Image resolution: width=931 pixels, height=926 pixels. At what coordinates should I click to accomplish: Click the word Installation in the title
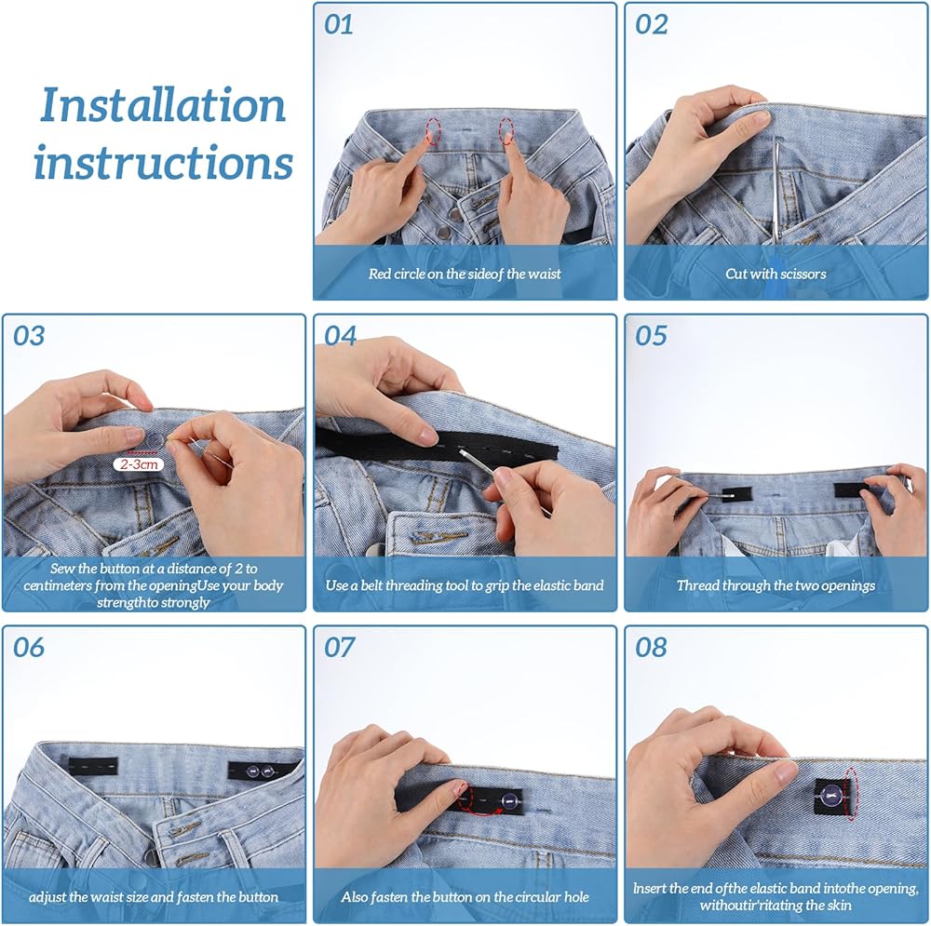163,105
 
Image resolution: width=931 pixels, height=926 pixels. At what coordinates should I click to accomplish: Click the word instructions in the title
163,161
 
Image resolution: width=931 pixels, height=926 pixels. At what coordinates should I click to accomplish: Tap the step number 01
339,24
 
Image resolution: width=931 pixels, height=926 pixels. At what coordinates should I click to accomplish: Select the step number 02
651,24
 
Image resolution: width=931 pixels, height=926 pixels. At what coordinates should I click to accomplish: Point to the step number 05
651,336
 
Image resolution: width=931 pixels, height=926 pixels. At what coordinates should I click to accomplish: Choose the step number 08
651,648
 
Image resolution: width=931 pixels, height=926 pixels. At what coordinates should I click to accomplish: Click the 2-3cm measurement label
139,464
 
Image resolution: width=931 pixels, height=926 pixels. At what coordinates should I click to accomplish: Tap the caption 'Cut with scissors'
776,274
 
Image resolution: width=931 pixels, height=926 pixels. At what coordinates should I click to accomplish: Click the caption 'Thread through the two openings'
776,586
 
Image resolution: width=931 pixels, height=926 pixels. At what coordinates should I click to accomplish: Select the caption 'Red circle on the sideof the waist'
465,274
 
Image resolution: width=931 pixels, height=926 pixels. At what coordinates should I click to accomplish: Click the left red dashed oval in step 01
434,131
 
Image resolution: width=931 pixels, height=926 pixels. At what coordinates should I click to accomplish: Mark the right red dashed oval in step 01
506,130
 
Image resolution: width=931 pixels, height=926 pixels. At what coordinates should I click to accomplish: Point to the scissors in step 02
777,190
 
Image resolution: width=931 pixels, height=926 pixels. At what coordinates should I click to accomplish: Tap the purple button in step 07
509,800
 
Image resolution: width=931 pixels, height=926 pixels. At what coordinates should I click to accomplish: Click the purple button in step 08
830,794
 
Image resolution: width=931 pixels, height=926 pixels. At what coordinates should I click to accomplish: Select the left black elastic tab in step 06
92,767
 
